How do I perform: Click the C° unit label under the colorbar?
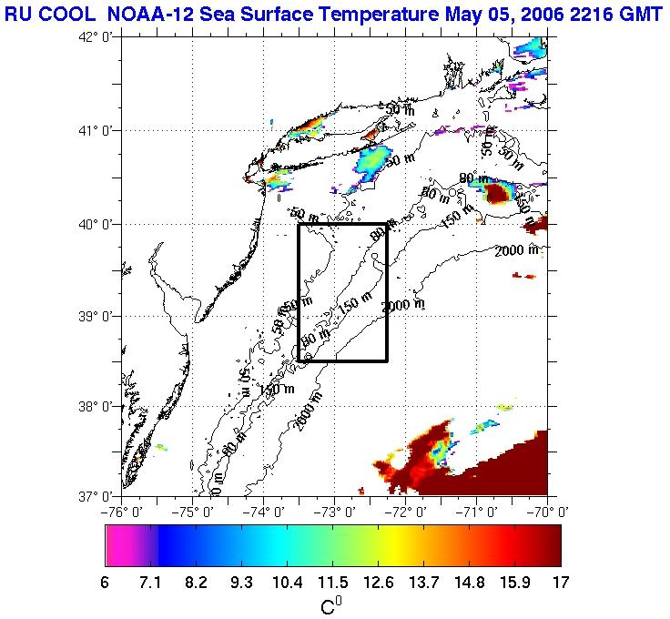331,604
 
